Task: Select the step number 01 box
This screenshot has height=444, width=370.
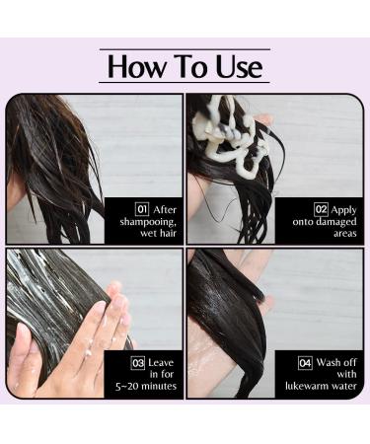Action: pyautogui.click(x=142, y=209)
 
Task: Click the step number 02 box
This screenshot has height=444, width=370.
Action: pyautogui.click(x=321, y=209)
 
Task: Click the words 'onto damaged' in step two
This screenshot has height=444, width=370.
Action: pyautogui.click(x=328, y=222)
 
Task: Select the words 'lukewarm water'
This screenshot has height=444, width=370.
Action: pyautogui.click(x=320, y=385)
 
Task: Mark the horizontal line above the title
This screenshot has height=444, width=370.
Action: pyautogui.click(x=185, y=48)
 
